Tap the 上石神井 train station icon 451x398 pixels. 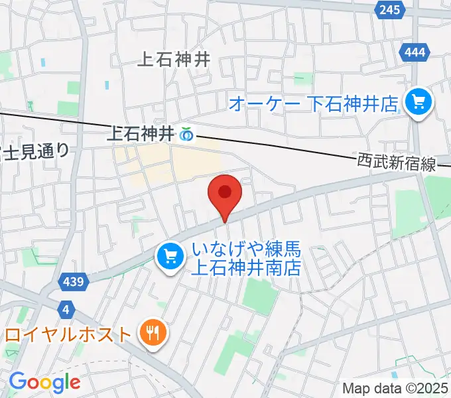(186, 135)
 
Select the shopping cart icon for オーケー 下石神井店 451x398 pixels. (419, 102)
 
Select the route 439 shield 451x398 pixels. (74, 282)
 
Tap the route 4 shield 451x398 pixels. (65, 309)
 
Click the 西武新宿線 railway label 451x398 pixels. (396, 163)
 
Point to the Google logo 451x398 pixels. (44, 381)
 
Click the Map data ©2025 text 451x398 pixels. (395, 388)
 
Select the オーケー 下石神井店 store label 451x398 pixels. (313, 103)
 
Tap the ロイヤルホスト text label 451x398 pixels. (68, 333)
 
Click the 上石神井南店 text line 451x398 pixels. (246, 267)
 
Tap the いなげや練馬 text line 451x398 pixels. (247, 250)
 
